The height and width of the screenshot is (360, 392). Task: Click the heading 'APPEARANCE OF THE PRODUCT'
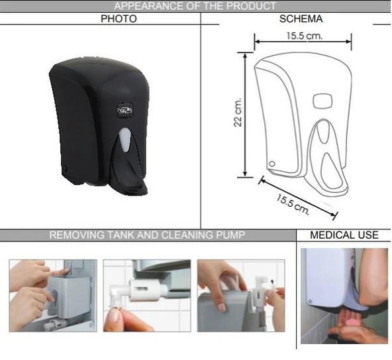[x=195, y=6]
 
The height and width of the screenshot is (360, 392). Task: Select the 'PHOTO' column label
[x=119, y=19]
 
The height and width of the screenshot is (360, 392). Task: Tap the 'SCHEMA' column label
[x=301, y=19]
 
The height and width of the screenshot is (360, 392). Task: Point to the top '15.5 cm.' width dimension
[x=305, y=35]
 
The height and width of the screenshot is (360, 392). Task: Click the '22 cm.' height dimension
[x=238, y=113]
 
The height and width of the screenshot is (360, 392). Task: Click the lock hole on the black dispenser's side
[x=66, y=168]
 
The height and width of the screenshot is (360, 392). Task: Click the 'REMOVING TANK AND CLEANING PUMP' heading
[x=148, y=235]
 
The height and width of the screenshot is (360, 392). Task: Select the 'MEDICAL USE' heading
[x=344, y=235]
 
